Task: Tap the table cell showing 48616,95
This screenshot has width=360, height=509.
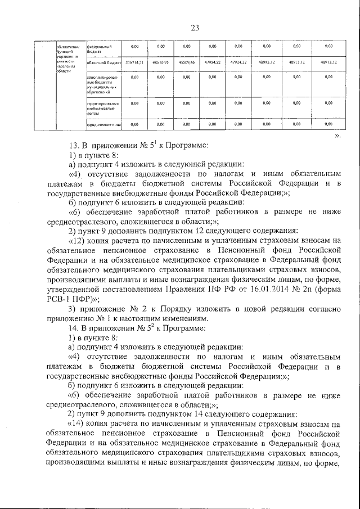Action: [161, 63]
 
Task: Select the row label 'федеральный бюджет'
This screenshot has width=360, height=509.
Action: [99, 47]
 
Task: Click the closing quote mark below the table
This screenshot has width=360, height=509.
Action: [337, 136]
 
